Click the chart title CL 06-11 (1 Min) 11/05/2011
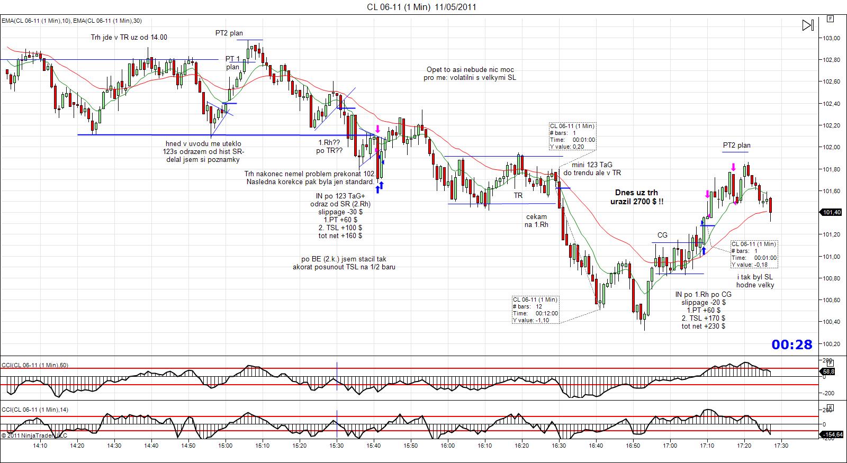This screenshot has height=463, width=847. click(x=422, y=7)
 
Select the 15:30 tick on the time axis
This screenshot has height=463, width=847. click(x=337, y=446)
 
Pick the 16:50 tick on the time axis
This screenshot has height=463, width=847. click(x=633, y=446)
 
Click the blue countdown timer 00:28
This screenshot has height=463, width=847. click(x=791, y=345)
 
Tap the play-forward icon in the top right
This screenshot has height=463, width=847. click(x=808, y=25)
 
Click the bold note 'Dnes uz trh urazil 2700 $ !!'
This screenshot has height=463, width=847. click(x=636, y=197)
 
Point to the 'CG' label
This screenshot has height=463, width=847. click(x=662, y=235)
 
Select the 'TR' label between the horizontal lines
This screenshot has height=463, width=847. click(x=518, y=195)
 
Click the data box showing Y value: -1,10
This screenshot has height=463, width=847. click(x=535, y=310)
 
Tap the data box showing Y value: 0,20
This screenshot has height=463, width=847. click(x=572, y=137)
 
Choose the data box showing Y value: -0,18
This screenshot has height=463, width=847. click(x=754, y=254)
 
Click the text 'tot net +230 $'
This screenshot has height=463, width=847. click(x=704, y=326)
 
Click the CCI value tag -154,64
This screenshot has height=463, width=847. click(x=832, y=435)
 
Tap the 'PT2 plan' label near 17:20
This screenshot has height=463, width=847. click(x=736, y=146)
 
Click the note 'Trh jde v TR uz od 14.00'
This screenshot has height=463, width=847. click(x=129, y=37)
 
